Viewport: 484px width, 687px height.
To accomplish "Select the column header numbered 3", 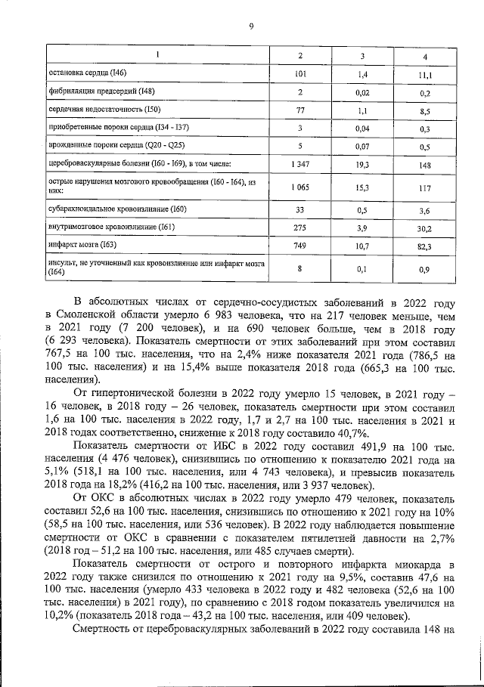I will (x=362, y=57).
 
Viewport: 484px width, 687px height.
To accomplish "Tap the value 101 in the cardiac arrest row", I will (x=299, y=76).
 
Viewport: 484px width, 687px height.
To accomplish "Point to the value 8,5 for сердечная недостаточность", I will (x=424, y=110).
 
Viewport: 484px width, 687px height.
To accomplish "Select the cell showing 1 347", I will (x=299, y=163).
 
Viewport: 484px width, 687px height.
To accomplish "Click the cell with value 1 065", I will (x=299, y=187).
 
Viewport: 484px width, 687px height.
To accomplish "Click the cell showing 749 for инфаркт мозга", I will (x=299, y=246).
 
